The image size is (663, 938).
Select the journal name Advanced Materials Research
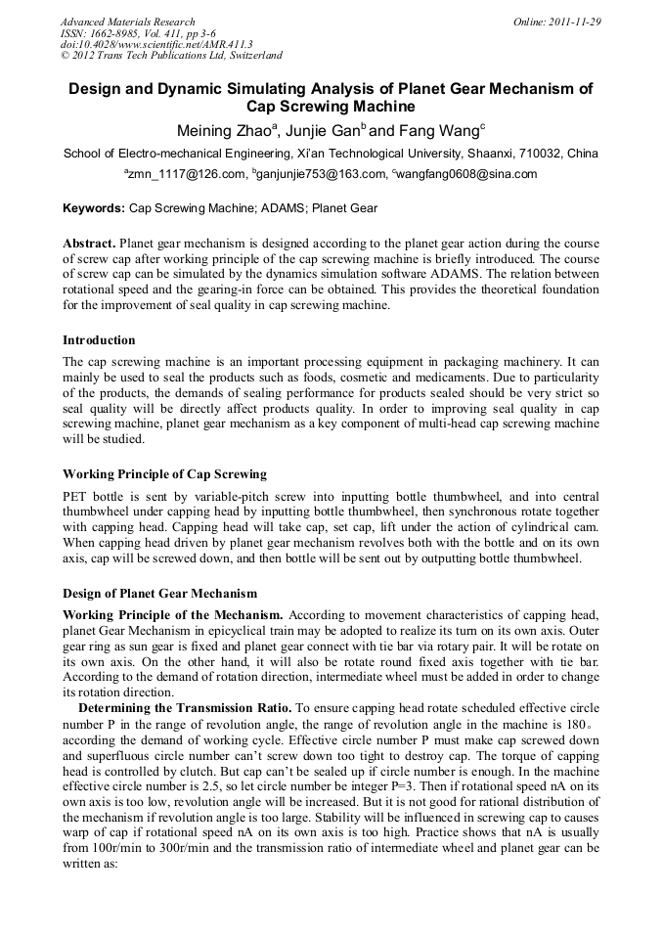tap(128, 22)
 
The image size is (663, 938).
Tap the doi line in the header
tap(156, 44)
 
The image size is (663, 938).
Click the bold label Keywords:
tap(94, 208)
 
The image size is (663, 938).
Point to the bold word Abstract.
tap(88, 243)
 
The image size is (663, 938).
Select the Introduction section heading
tap(99, 340)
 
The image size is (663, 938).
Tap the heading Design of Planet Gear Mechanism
tap(159, 593)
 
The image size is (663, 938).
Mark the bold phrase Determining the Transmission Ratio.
tap(184, 707)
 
